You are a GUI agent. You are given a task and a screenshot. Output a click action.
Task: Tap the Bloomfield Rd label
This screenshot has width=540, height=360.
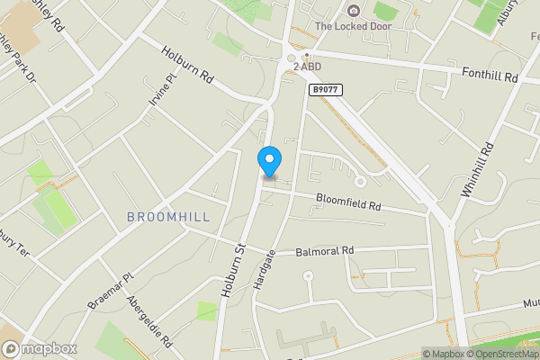pyautogui.click(x=348, y=203)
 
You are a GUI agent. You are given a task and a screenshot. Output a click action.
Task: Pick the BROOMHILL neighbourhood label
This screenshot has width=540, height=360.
pyautogui.click(x=168, y=217)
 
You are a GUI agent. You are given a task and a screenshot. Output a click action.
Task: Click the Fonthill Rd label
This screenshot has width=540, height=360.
pyautogui.click(x=490, y=76)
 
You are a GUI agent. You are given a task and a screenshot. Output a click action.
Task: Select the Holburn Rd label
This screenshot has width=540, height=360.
pyautogui.click(x=187, y=67)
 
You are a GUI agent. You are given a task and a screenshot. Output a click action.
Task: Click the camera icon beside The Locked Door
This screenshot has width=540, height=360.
pyautogui.click(x=353, y=11)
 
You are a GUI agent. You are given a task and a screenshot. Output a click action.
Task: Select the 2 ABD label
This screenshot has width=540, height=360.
pyautogui.click(x=306, y=67)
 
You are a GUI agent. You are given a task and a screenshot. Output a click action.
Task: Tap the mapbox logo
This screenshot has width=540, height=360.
pyautogui.click(x=40, y=348)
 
